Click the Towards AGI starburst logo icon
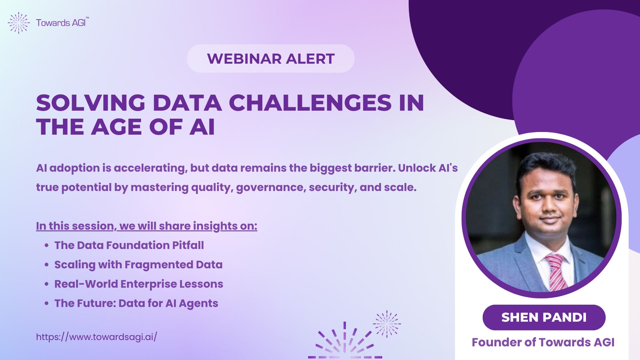(x=19, y=23)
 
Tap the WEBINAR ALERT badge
(x=271, y=59)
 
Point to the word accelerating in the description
(x=149, y=168)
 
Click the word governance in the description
(x=271, y=188)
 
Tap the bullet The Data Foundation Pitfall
(x=129, y=245)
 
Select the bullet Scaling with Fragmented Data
(x=138, y=265)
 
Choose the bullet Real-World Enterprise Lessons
(x=139, y=284)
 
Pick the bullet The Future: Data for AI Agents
(x=136, y=303)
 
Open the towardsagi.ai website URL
(x=96, y=337)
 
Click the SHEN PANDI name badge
(x=544, y=317)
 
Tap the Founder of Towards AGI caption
(x=543, y=342)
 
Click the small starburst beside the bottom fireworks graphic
(x=387, y=324)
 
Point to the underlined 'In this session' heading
(x=147, y=226)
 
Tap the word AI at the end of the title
(x=202, y=127)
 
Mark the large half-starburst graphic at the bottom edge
(x=345, y=341)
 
